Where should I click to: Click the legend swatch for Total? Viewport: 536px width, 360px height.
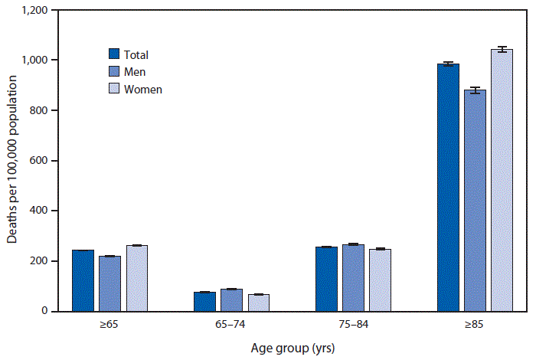114,54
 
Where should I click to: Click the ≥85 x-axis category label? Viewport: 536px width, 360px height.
474,326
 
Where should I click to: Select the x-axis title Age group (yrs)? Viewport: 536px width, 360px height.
293,347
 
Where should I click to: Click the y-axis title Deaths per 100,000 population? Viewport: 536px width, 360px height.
13,161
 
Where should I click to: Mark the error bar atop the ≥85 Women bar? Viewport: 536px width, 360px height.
502,50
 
